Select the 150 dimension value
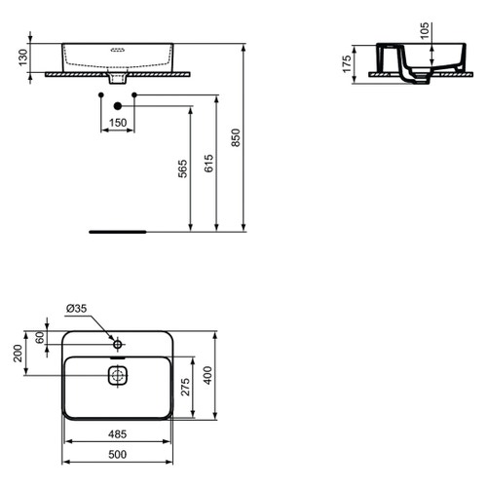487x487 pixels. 117,123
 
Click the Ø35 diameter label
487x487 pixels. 76,309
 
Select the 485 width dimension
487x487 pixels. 117,433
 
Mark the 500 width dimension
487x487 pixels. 117,453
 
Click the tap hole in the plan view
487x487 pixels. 117,344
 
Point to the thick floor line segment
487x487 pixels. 116,233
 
